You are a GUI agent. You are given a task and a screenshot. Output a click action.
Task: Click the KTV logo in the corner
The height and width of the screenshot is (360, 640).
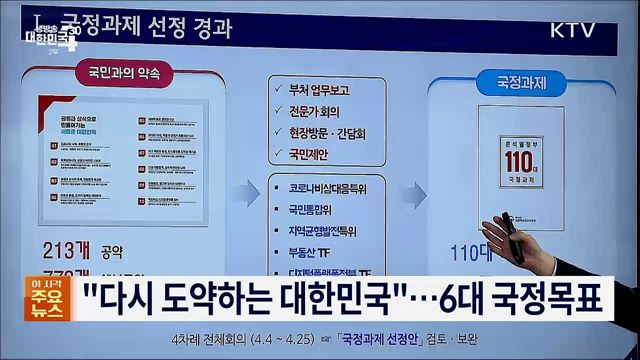point(573,29)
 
